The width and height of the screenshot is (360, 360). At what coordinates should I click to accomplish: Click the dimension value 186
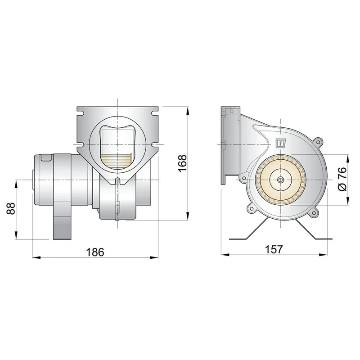(95, 252)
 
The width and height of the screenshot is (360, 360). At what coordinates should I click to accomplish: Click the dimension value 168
(183, 163)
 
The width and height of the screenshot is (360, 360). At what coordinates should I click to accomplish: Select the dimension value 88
(11, 208)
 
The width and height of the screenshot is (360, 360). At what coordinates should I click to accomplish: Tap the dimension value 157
(274, 249)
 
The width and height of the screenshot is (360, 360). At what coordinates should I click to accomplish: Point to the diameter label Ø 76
(342, 179)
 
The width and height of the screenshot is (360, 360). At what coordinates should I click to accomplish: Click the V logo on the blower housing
(281, 143)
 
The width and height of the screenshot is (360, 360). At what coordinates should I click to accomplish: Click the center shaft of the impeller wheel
(280, 180)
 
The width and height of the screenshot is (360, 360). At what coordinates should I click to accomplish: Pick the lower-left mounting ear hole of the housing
(252, 209)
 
